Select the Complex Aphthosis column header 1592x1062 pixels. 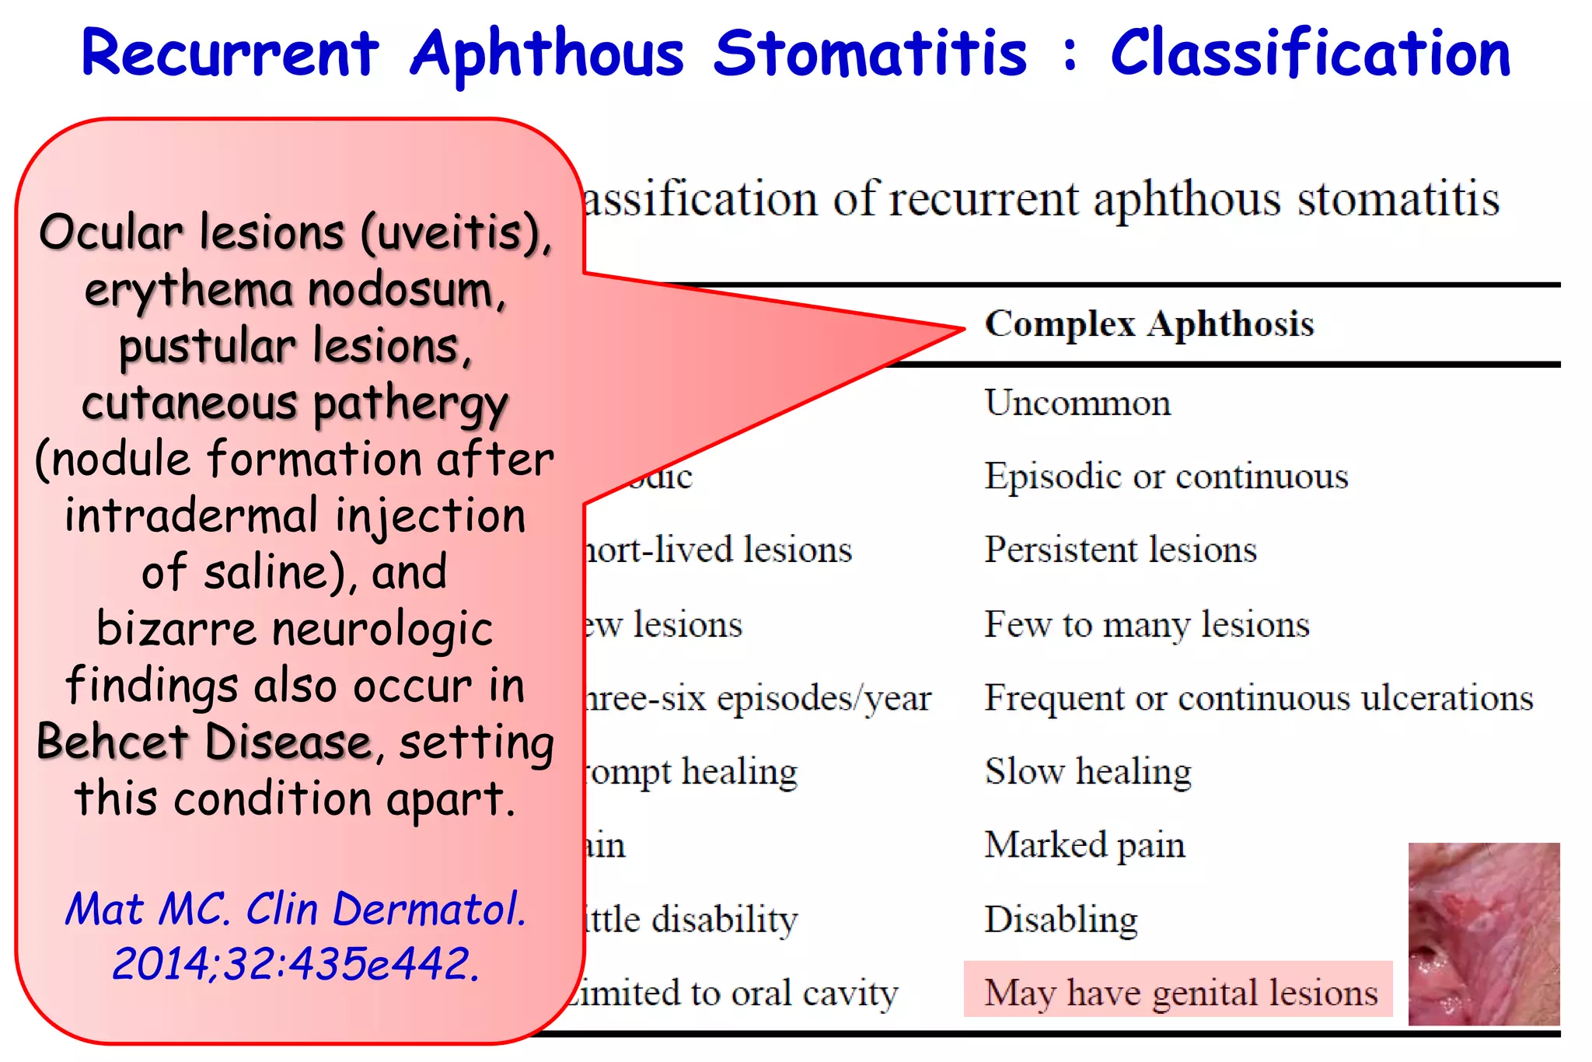click(x=1149, y=324)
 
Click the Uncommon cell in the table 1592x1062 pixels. click(x=1077, y=403)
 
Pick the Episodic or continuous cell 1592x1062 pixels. click(x=1166, y=477)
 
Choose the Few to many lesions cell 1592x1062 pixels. click(x=1147, y=624)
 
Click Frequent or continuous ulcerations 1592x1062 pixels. click(x=1259, y=698)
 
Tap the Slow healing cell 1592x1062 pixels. click(x=1088, y=772)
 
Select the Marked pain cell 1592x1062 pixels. click(x=1084, y=845)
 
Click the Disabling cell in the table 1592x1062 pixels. click(x=1061, y=920)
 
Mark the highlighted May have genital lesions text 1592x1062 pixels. click(x=1180, y=993)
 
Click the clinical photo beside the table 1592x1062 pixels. click(x=1483, y=934)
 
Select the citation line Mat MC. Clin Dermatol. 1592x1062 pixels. click(x=295, y=908)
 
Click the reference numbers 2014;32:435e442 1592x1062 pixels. click(x=295, y=964)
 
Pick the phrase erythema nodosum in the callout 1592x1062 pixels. click(x=295, y=290)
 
